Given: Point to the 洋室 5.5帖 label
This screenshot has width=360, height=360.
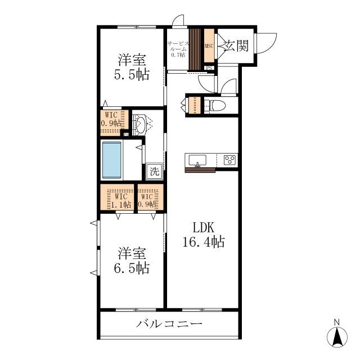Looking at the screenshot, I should point(133,67).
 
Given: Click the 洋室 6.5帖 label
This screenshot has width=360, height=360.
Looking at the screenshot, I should point(133,260).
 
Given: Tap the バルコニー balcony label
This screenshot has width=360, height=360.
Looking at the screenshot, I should point(169,324).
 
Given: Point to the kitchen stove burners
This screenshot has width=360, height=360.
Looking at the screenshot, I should point(229,159).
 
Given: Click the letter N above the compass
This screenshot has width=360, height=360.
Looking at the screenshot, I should point(337,322).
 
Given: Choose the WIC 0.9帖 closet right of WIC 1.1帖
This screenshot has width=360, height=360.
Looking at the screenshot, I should point(150,198).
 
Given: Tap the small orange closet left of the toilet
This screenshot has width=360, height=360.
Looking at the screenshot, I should point(194,105).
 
